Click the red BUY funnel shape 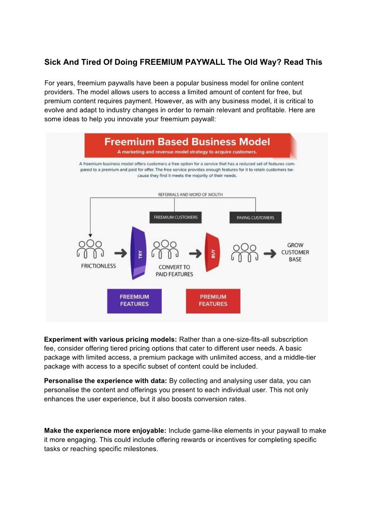(x=213, y=254)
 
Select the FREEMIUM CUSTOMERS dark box (x=176, y=217)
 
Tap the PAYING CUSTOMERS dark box (x=255, y=218)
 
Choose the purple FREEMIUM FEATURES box (x=134, y=301)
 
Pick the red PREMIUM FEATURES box (x=213, y=301)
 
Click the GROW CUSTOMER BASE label (x=295, y=252)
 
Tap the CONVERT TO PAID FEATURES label (x=174, y=270)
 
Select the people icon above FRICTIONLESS (x=90, y=249)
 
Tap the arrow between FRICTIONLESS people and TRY (x=121, y=253)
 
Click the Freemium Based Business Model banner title (x=186, y=141)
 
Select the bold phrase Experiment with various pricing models (x=111, y=339)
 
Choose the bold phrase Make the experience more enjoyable (x=105, y=430)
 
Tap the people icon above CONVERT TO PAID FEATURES (x=165, y=249)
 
